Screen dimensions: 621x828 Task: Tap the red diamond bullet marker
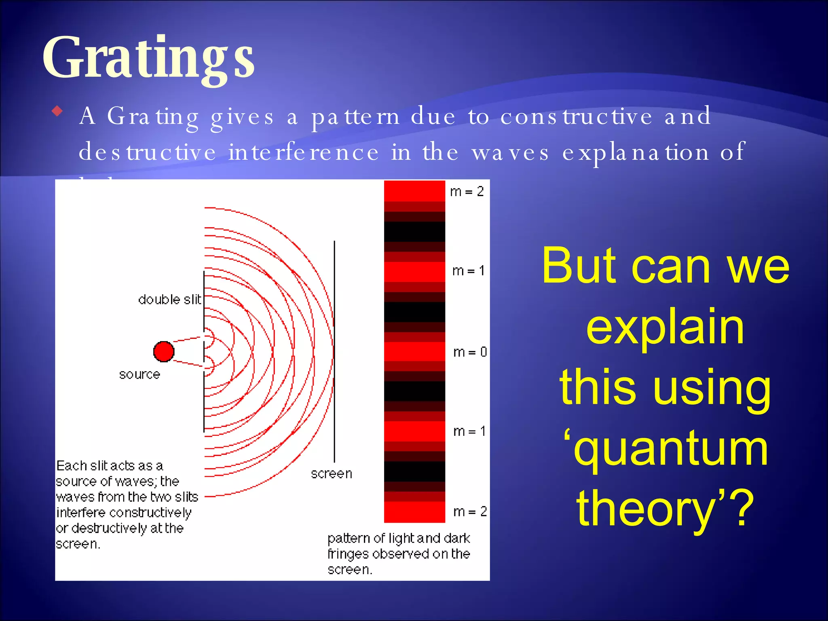click(58, 111)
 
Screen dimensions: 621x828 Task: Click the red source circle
click(164, 351)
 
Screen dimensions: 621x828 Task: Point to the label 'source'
click(139, 374)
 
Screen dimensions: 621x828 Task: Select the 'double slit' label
click(169, 300)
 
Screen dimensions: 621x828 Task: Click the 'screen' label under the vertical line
click(331, 473)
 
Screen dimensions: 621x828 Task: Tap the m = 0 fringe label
click(470, 352)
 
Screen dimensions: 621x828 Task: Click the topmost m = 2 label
click(467, 191)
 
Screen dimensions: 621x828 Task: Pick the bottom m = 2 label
click(470, 511)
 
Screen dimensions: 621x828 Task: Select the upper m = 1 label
click(469, 270)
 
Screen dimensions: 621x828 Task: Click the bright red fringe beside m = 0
click(414, 351)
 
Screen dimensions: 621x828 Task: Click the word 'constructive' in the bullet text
click(576, 116)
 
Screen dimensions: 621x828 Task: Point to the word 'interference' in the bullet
click(304, 152)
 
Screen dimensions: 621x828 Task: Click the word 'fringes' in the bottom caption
click(348, 554)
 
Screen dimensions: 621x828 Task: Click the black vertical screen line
click(334, 352)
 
